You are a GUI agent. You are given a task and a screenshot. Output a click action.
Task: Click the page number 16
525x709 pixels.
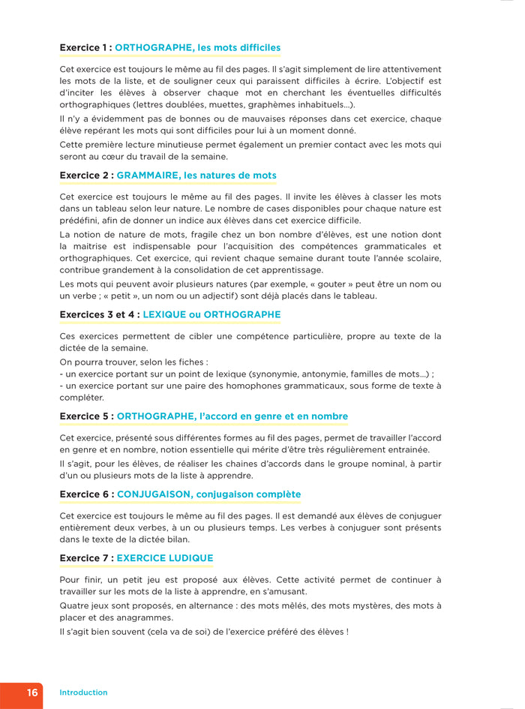coord(32,692)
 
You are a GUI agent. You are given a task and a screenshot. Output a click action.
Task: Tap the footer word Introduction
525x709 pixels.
coord(83,692)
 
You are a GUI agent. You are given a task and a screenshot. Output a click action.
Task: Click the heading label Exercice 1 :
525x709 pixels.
coord(85,48)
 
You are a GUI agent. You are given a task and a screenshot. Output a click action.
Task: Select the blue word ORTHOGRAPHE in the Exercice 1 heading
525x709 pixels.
coord(153,48)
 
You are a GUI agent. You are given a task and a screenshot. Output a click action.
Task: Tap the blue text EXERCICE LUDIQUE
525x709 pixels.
coord(165,558)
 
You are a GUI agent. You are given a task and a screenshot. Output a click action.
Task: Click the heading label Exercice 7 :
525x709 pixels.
coord(86,558)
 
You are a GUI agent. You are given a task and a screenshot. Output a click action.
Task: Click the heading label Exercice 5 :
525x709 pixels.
coord(86,416)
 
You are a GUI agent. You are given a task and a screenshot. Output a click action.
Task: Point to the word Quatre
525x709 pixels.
coord(74,605)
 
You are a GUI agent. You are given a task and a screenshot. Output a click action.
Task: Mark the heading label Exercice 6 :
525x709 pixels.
coord(86,494)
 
